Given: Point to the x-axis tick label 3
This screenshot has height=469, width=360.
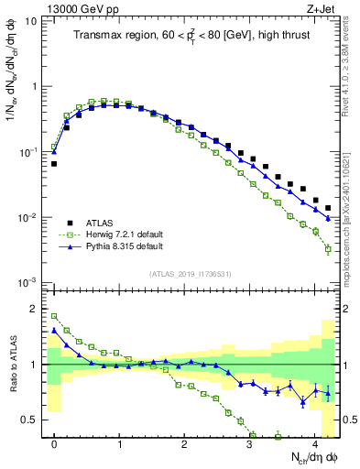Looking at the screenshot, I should pos(250,441).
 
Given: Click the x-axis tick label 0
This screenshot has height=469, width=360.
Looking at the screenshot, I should pos(55,441).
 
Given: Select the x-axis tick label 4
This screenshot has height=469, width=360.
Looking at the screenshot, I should pos(315,441).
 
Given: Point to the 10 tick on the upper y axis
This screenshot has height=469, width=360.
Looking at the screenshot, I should pos(31,20).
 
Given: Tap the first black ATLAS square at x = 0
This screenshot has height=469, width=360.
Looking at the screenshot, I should pos(54,164).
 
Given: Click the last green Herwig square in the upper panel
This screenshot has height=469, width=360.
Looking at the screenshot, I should pos(328,248).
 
